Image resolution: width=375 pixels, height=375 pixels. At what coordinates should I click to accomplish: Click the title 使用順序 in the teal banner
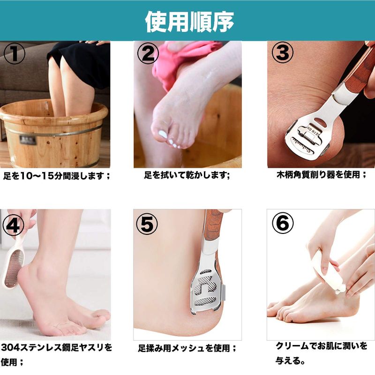[189, 22]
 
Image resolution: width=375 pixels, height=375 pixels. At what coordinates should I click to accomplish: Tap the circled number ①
[15, 53]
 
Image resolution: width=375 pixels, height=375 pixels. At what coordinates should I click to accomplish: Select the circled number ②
[148, 53]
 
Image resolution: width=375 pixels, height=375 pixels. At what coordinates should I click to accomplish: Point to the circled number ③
[282, 53]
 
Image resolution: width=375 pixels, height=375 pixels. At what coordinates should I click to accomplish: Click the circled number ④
[13, 225]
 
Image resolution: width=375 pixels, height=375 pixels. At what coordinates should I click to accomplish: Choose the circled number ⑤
[147, 224]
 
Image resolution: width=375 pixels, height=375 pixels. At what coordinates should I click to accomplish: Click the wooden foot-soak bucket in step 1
[53, 134]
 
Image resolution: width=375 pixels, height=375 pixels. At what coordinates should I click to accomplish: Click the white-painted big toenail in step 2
[163, 134]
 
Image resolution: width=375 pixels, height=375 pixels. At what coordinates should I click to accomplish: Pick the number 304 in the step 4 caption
[10, 348]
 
